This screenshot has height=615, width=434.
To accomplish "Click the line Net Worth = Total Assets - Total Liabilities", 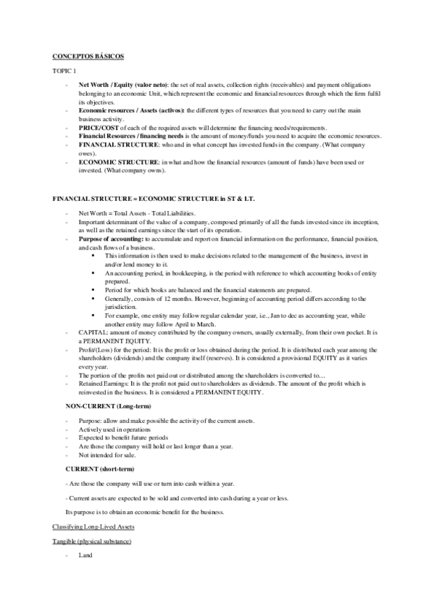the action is point(134,213).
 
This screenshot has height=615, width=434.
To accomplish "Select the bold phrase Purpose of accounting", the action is point(112,239).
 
